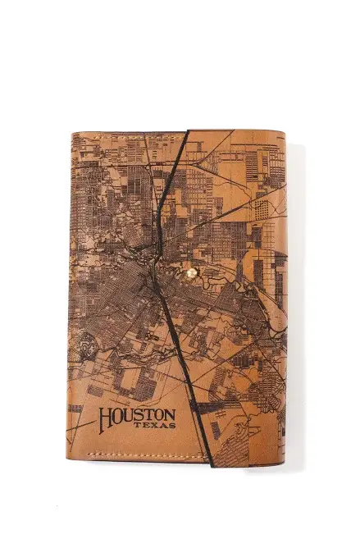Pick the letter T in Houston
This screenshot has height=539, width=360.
pos(148,417)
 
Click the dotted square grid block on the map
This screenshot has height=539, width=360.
pos(261,208)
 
